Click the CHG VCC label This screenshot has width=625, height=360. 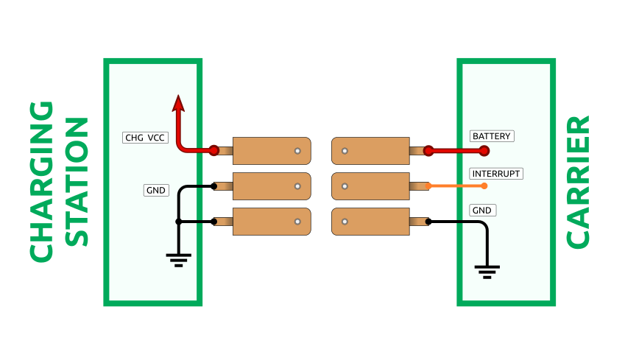point(144,137)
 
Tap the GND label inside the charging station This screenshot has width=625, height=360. point(156,190)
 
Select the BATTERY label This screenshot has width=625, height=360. point(491,136)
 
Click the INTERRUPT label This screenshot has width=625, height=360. point(496,174)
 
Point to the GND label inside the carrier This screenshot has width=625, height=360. point(482,210)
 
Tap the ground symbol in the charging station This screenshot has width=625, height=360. point(178,259)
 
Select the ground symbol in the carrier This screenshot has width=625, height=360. point(486,271)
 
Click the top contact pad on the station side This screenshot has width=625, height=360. point(272,151)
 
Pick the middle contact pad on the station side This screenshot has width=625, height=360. point(272,186)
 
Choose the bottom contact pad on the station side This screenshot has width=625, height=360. point(272,222)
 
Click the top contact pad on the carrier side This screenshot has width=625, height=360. point(370,151)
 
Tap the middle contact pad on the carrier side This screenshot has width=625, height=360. point(370,186)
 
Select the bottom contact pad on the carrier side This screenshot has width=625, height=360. point(370,222)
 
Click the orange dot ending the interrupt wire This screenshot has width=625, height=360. point(484,186)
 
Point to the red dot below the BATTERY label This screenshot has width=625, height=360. point(484,151)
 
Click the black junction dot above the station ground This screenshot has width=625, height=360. point(178,222)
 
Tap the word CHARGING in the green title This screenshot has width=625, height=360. point(42,181)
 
